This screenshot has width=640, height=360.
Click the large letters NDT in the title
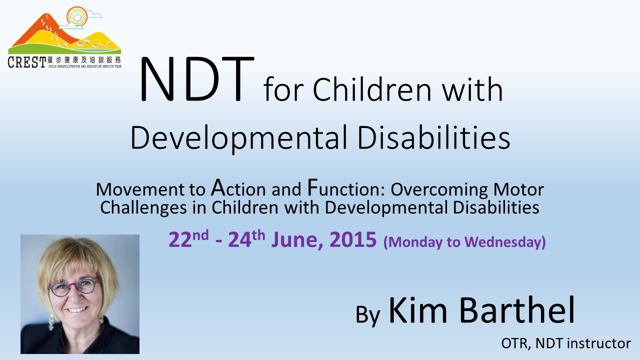click(x=196, y=79)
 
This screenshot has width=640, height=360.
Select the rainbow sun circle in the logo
click(x=77, y=17)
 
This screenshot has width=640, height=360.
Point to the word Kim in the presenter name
click(x=417, y=310)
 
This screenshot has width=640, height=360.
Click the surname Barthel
click(x=517, y=309)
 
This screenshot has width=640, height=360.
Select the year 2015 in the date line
click(x=353, y=239)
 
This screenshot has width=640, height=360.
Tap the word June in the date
click(x=297, y=240)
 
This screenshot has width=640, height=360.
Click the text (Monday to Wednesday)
click(x=464, y=242)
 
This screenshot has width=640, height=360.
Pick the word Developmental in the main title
click(x=238, y=138)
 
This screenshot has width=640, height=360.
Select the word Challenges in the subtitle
click(x=143, y=208)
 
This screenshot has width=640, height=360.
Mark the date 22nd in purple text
click(x=188, y=239)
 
